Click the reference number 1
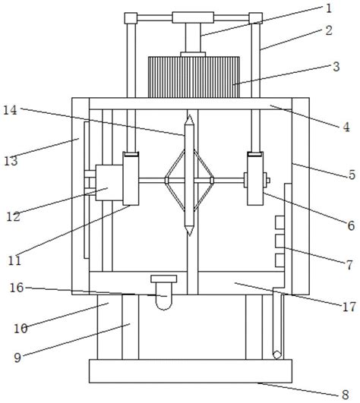point(329,8)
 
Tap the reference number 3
point(336,67)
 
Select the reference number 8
point(346,394)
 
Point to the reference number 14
point(10,110)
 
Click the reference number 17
point(349,307)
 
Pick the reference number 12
point(13,216)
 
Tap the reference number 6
point(351,225)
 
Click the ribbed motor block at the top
point(194,77)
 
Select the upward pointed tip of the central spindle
point(190,115)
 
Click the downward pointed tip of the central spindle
point(190,235)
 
